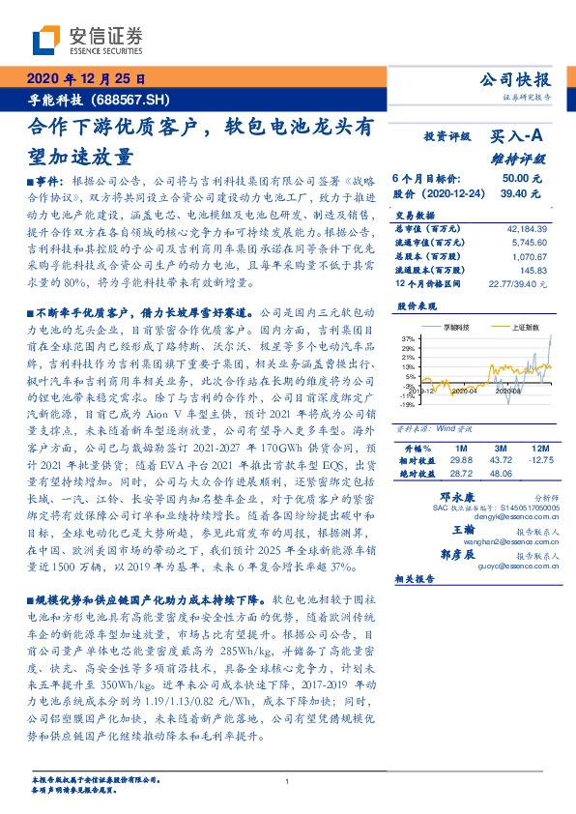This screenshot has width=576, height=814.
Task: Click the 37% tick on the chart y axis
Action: [x=410, y=337]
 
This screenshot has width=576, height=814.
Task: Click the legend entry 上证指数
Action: [x=525, y=328]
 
